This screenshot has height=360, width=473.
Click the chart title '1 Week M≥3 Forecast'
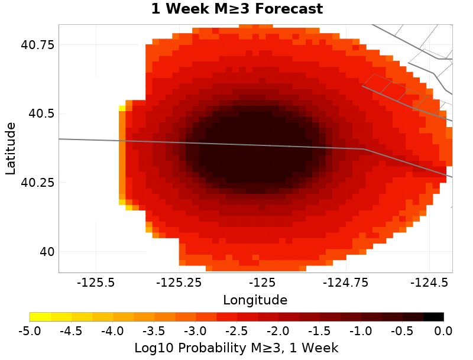click(237, 9)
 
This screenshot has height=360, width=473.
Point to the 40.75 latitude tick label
click(38, 45)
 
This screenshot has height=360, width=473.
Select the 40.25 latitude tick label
click(38, 183)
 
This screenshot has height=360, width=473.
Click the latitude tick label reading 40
click(46, 252)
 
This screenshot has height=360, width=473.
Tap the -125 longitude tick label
click(261, 283)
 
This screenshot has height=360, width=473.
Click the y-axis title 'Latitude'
click(10, 148)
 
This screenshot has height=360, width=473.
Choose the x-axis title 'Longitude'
click(255, 300)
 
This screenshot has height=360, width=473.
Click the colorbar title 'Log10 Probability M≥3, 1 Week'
click(237, 346)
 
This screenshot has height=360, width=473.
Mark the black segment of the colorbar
click(433, 317)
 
